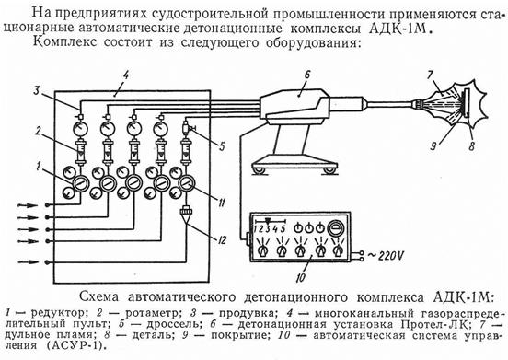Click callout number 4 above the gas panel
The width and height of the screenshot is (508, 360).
tap(126, 75)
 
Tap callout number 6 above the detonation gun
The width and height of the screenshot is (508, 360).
tap(306, 75)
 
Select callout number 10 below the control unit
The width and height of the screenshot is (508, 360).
tap(301, 277)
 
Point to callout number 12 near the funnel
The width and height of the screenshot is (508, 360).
tap(222, 240)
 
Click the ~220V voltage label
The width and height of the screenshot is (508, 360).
tap(386, 256)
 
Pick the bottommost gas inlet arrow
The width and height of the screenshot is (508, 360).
tap(29, 261)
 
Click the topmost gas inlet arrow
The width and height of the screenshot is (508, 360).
tap(28, 205)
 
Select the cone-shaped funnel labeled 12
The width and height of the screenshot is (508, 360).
tap(186, 215)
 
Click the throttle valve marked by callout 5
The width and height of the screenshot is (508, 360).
tap(187, 128)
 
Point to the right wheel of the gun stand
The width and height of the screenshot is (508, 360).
tap(329, 170)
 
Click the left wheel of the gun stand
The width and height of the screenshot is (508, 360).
tap(260, 170)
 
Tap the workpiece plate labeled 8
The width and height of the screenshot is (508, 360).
tap(468, 104)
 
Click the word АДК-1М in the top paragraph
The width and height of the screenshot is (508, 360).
tap(400, 29)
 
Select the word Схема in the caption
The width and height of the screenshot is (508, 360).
tap(99, 296)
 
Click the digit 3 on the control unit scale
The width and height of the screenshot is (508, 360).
tap(268, 228)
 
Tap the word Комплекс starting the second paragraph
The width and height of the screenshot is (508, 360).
tap(64, 42)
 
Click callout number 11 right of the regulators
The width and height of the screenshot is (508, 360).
tap(222, 203)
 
